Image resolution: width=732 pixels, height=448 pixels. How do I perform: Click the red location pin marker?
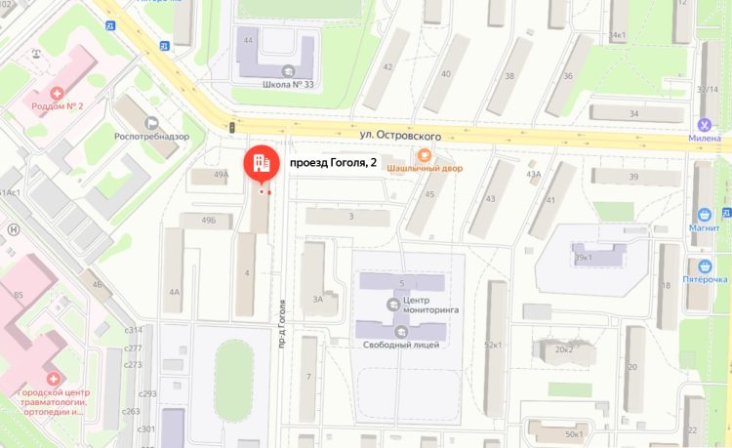[261, 163]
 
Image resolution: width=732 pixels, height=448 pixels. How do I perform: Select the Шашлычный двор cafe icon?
[424, 154]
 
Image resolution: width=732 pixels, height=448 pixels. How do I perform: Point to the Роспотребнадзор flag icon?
[151, 123]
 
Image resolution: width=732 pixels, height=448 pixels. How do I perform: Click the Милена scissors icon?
[703, 124]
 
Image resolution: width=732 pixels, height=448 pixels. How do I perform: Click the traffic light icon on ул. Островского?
[232, 127]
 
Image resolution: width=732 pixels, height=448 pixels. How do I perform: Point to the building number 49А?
[221, 175]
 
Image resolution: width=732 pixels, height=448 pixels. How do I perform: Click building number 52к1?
[492, 346]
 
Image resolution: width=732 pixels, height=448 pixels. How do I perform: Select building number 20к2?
[563, 349]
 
